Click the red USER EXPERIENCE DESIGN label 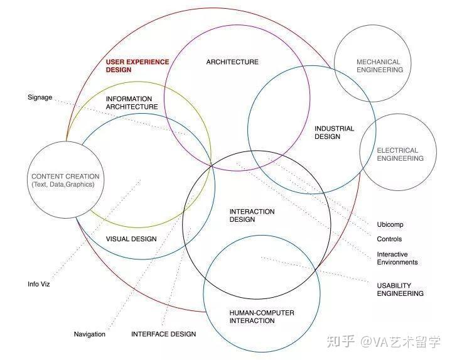(x=137, y=66)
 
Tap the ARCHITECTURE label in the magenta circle (x=232, y=62)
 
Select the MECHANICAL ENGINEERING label (x=379, y=66)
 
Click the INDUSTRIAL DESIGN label (x=334, y=133)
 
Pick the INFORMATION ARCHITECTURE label (x=131, y=103)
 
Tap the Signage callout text (x=40, y=97)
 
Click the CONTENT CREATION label (x=65, y=177)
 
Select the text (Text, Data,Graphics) (x=63, y=185)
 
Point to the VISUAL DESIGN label (x=131, y=239)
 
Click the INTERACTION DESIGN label (x=252, y=215)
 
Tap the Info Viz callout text (x=39, y=284)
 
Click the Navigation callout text (x=90, y=334)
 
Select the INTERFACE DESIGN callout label (x=163, y=334)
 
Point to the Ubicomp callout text (x=390, y=224)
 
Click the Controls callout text (x=389, y=239)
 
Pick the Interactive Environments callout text (x=397, y=258)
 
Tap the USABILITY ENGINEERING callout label (x=400, y=289)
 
